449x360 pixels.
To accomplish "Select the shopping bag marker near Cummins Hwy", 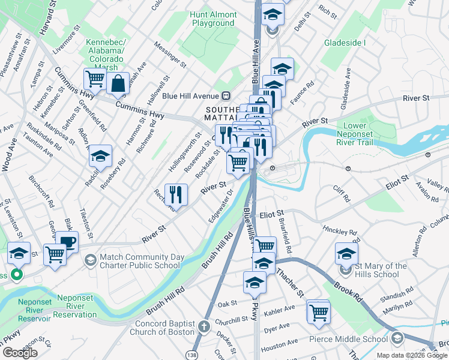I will point(118,84).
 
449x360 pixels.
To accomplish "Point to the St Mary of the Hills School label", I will point(377,270).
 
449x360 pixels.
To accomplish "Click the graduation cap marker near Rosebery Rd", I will point(101,157).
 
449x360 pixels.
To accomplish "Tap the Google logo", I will point(20,353).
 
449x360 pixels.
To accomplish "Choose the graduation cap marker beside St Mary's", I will point(346,254).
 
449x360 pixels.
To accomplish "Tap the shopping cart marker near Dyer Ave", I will point(318,312).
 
